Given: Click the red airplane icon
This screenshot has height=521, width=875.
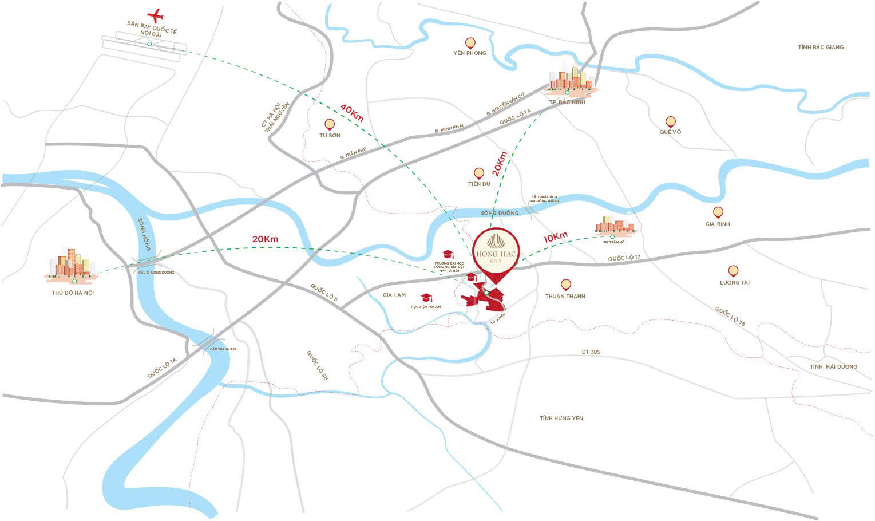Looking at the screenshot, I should point(155,14).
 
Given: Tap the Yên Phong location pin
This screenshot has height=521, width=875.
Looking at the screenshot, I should point(470,43).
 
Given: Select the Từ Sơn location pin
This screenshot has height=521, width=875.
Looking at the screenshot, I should point(329,124).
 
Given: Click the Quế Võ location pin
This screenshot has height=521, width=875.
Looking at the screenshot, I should point(670,121).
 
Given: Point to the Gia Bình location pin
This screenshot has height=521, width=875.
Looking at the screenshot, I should point(718,212).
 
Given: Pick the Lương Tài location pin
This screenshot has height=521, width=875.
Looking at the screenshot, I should point(733,271).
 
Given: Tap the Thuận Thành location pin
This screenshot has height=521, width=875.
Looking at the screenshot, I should point(565,285).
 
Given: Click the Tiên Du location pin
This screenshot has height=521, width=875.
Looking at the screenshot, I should point(478,173).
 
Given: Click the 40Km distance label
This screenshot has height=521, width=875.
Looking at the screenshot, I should point(352,112).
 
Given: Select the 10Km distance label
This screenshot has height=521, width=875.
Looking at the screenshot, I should point(555,237).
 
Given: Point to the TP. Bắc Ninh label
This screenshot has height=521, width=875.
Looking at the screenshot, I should point(567,102).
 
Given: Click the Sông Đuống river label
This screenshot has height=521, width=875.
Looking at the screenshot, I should point(500,213).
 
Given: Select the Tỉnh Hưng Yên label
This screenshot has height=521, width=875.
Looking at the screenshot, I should point(561,418).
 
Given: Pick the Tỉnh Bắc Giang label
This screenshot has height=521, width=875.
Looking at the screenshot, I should point(821,47).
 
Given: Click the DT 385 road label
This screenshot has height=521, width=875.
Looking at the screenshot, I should point(591,352).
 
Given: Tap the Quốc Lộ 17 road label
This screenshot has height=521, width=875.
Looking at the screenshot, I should point(624,258).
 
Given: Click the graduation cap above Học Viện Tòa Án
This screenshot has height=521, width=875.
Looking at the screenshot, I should point(426,298).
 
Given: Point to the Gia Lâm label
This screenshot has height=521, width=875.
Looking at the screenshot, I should point(394,295).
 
